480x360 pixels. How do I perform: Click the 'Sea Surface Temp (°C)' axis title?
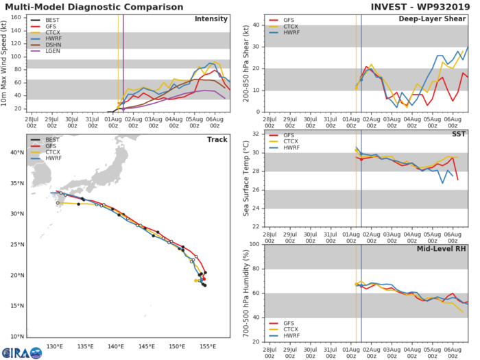[x=245, y=180]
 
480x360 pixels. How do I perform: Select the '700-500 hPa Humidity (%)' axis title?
[x=245, y=293]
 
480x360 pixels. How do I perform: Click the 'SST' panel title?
[x=458, y=134]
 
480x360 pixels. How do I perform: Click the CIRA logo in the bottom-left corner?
[x=21, y=350]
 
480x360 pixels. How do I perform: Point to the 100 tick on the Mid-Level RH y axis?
[x=255, y=244]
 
